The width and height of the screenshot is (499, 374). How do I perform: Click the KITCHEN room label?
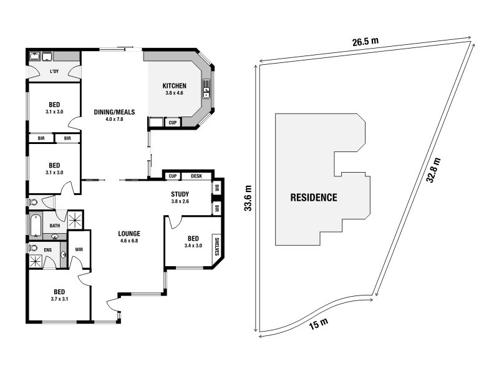(175, 86)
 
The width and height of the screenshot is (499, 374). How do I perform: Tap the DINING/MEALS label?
(114, 112)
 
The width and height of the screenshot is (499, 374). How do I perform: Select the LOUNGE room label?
(129, 234)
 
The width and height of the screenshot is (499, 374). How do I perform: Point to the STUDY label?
(180, 194)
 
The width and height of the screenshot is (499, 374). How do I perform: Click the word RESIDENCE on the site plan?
(314, 198)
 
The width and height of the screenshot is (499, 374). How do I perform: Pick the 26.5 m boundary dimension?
(366, 42)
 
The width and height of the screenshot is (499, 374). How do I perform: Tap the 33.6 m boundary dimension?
(248, 198)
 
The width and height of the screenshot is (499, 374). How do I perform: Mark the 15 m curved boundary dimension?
(318, 324)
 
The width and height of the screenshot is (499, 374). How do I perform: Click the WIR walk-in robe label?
(79, 249)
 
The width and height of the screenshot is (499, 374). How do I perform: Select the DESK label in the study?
(196, 176)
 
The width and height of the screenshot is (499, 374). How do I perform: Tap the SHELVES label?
(217, 246)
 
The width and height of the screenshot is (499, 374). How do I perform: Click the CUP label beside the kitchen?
(173, 122)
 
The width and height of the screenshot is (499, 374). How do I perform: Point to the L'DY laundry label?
(54, 72)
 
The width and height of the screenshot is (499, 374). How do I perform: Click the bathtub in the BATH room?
(36, 226)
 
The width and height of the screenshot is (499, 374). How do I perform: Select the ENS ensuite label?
(47, 250)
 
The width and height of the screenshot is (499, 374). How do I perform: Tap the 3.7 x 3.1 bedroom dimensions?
(59, 299)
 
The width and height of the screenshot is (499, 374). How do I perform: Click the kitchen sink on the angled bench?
(206, 92)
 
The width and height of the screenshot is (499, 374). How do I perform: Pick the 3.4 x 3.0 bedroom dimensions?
(193, 246)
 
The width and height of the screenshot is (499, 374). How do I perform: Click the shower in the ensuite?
(36, 261)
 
